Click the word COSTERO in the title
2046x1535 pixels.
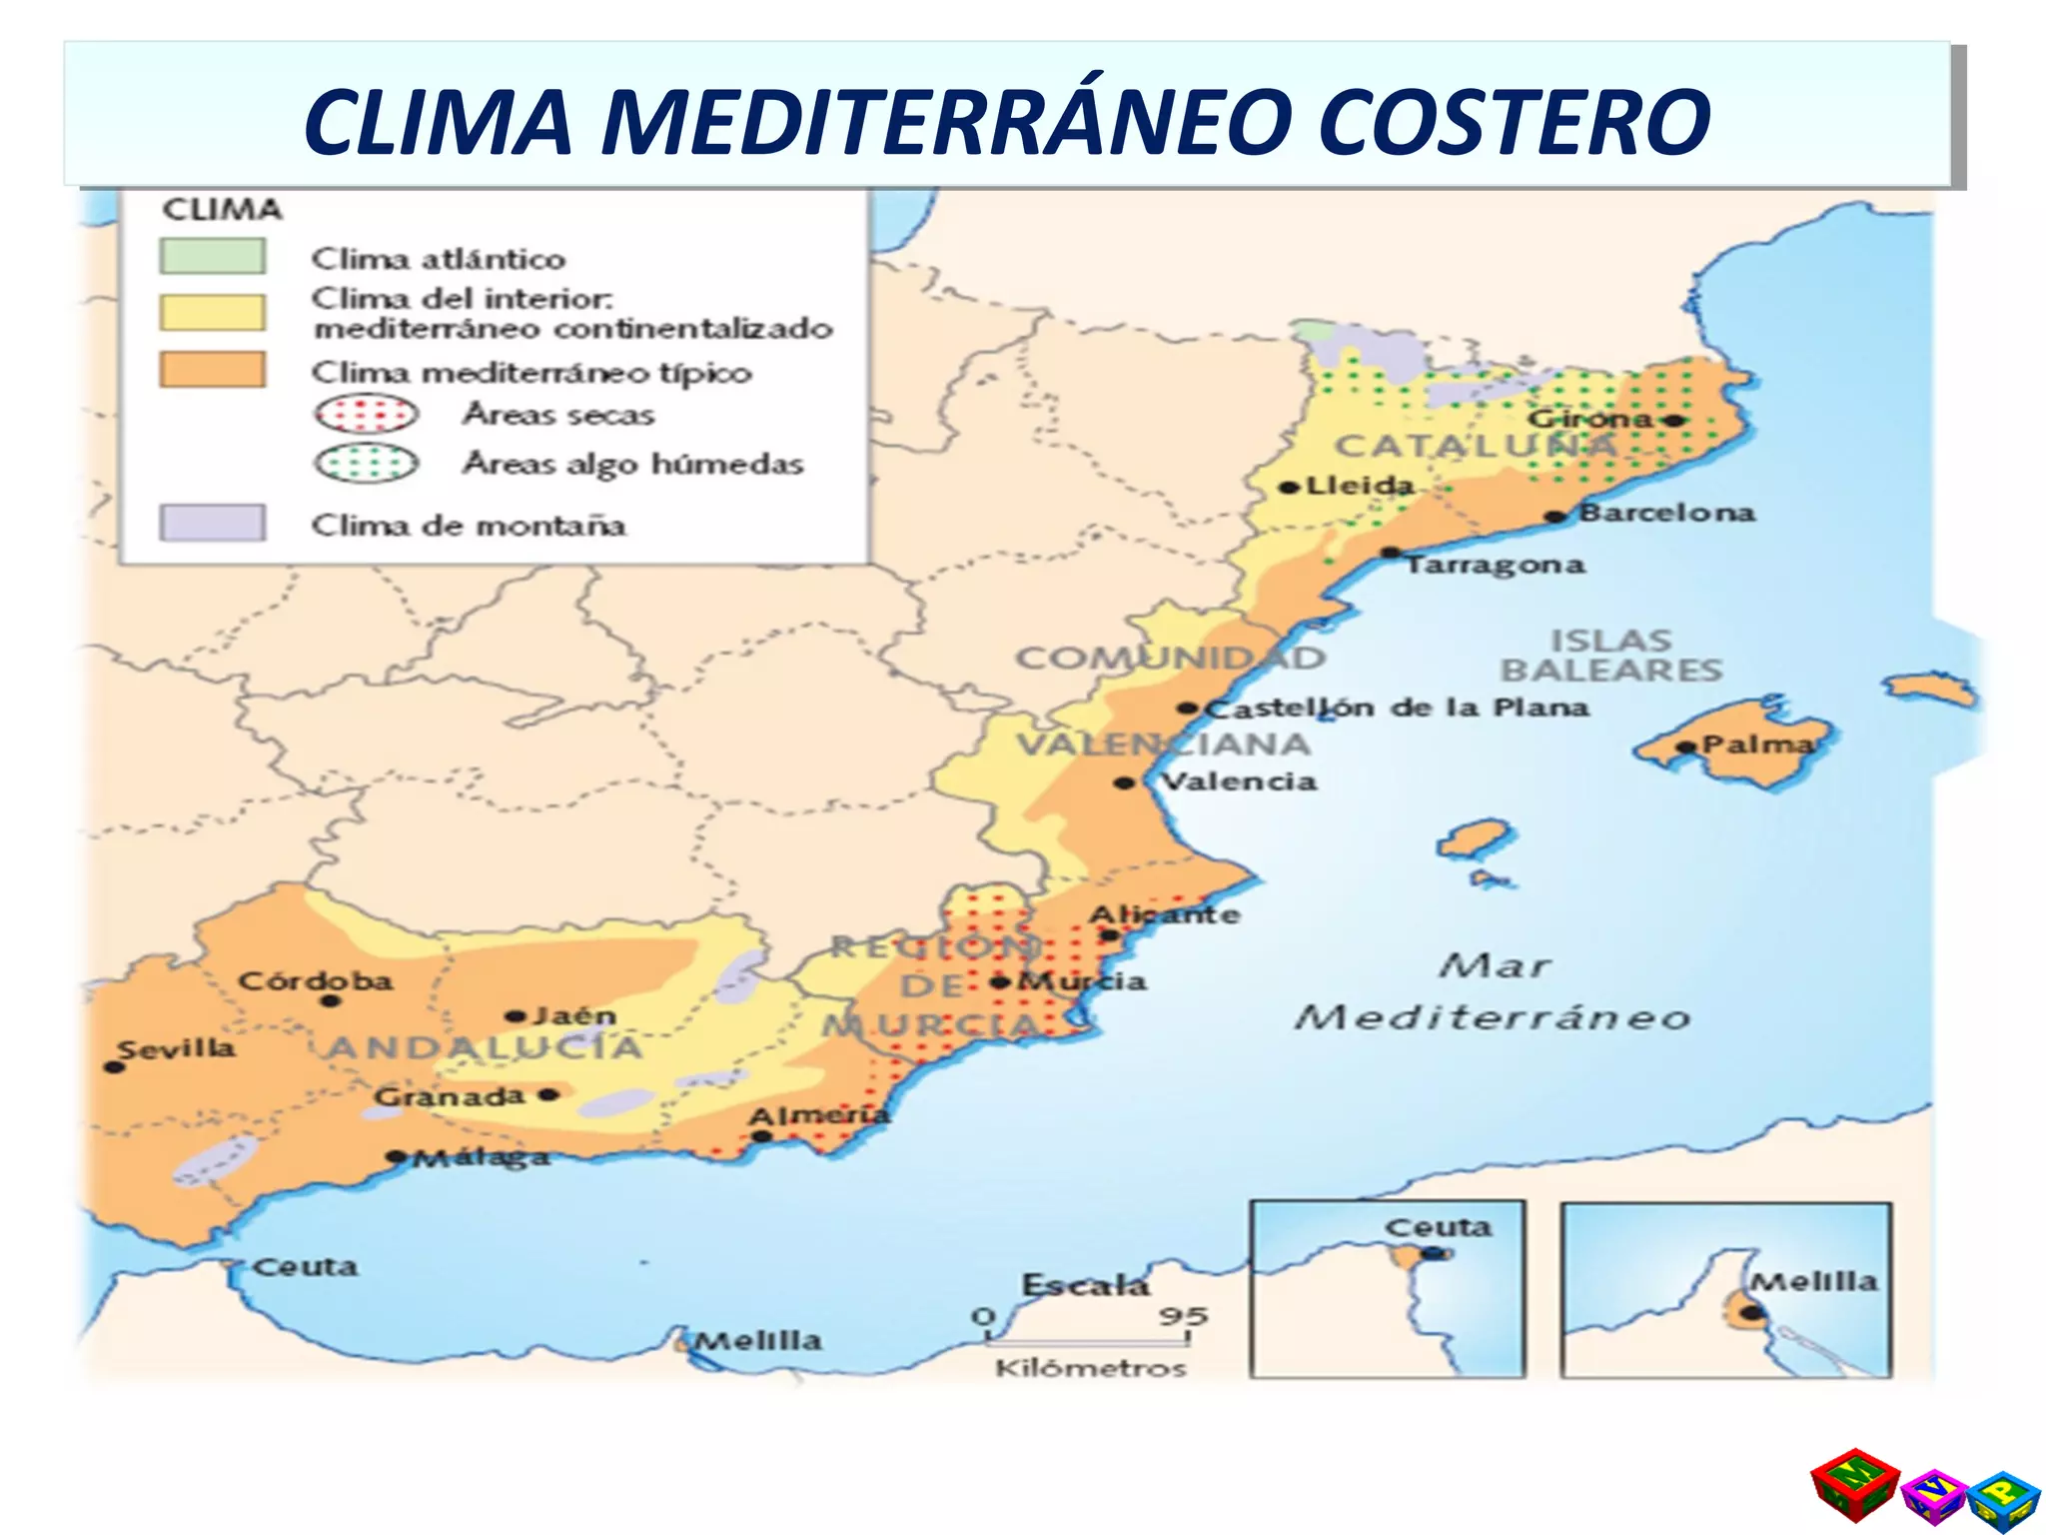(x=1514, y=122)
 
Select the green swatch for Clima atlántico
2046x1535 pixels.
(x=212, y=256)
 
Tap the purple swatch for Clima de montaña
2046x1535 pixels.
(x=212, y=523)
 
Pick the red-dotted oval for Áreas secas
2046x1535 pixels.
(x=366, y=414)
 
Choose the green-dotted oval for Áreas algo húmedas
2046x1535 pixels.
(x=366, y=463)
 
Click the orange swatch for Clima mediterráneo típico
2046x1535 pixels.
(x=212, y=370)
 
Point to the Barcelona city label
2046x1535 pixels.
(x=1666, y=513)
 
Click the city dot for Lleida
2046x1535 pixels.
(x=1289, y=488)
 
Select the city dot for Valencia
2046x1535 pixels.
(x=1125, y=782)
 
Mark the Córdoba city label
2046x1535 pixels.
(x=315, y=980)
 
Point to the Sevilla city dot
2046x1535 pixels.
(x=114, y=1067)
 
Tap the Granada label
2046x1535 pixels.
(x=449, y=1096)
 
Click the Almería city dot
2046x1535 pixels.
(x=761, y=1136)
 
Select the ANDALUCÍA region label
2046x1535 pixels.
(x=485, y=1047)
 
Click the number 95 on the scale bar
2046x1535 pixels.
(x=1183, y=1316)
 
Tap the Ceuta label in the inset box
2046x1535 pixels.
(x=1437, y=1227)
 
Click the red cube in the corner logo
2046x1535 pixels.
(x=1854, y=1486)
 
